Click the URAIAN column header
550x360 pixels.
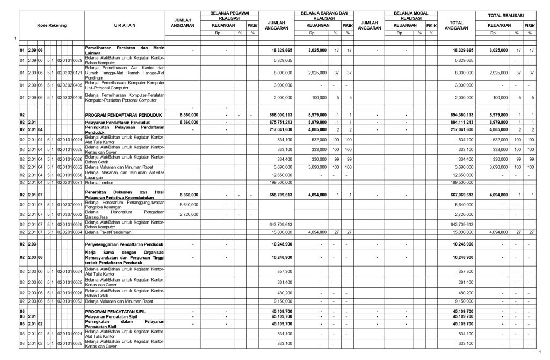(125, 25)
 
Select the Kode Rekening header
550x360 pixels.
(52, 25)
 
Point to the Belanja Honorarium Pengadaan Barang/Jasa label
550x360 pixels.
(125, 214)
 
